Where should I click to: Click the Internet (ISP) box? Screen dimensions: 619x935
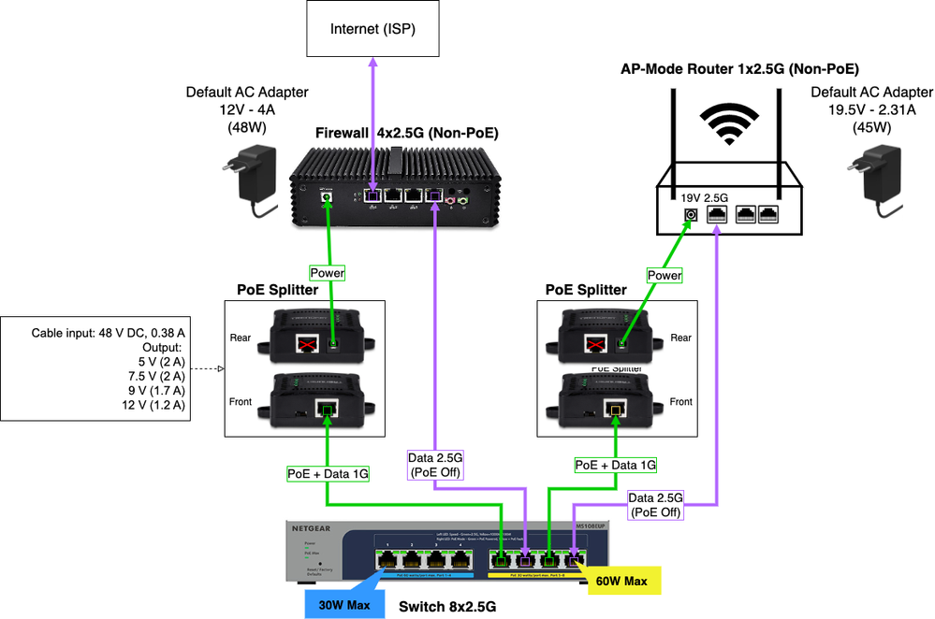372,30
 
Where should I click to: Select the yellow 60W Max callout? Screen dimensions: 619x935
623,582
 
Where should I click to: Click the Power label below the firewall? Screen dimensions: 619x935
329,274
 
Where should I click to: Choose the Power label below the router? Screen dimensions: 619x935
665,276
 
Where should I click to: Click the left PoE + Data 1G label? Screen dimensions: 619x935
328,474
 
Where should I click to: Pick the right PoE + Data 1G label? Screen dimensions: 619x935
615,465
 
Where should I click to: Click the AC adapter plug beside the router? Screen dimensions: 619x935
877,178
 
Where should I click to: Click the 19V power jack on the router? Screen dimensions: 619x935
691,214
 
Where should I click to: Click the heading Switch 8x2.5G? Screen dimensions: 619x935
446,607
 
